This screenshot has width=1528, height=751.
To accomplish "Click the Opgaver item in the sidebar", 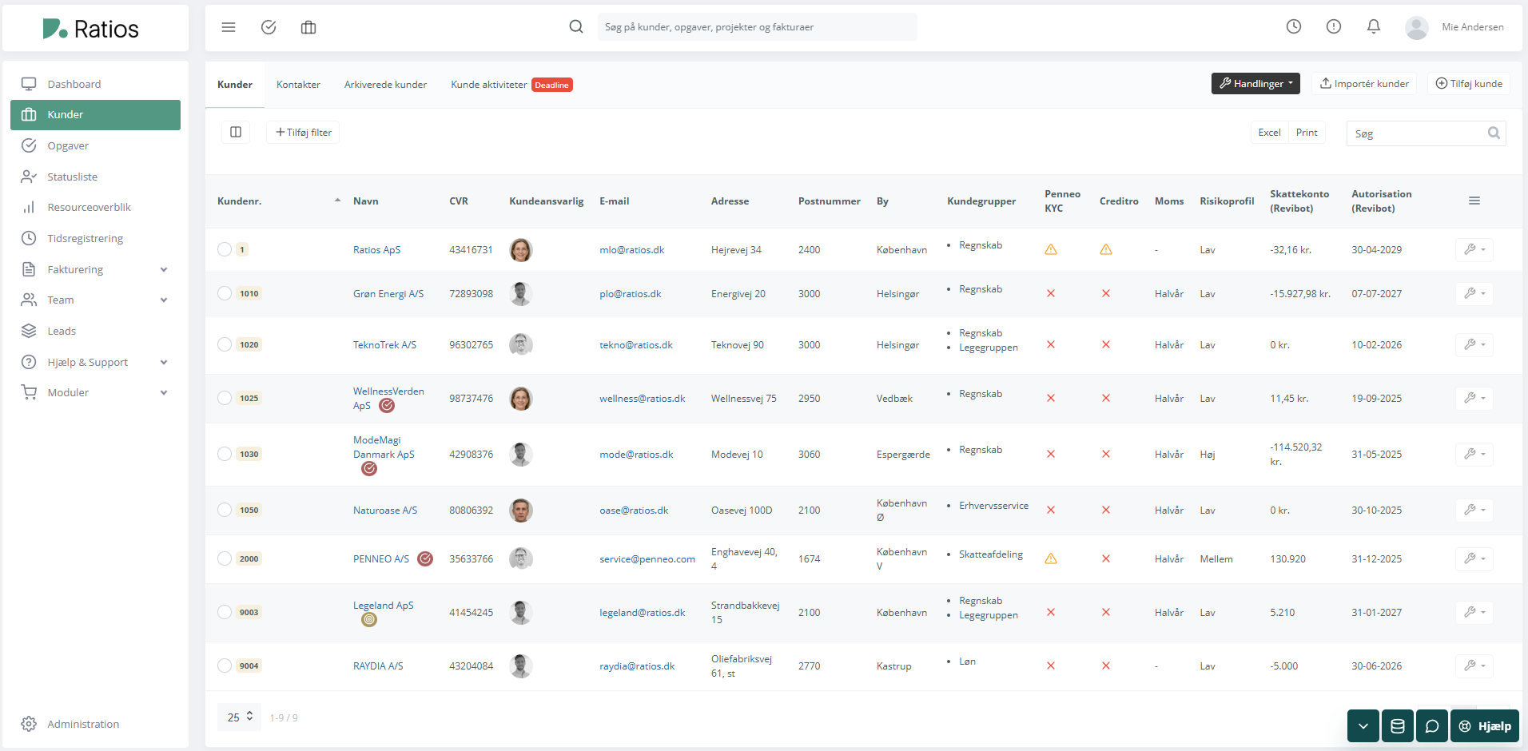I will click(x=68, y=145).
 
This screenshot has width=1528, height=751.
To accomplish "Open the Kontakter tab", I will click(x=298, y=85).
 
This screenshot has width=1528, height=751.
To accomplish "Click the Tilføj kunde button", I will click(x=1469, y=84).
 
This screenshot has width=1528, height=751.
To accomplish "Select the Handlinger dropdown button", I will click(x=1255, y=84).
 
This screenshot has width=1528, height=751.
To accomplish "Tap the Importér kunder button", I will click(x=1364, y=84).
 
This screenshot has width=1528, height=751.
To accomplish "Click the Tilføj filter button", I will click(x=303, y=133).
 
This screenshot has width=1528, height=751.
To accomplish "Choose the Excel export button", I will click(x=1269, y=133).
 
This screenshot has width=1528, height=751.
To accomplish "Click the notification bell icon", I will click(x=1373, y=27).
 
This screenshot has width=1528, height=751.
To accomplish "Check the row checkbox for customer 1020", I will click(x=225, y=344).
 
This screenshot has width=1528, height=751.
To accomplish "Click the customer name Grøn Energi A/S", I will click(x=388, y=294).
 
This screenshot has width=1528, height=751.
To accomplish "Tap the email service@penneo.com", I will click(x=647, y=559).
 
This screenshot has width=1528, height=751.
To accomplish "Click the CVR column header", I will click(x=459, y=201).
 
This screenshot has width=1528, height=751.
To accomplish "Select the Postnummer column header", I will click(x=829, y=201).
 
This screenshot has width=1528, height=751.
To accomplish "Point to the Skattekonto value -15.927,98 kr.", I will click(x=1300, y=294).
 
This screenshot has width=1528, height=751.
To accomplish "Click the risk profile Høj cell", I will click(x=1208, y=455).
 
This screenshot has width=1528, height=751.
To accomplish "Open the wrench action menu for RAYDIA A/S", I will click(x=1474, y=666).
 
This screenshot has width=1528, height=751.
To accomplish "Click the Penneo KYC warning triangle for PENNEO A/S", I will click(x=1051, y=559).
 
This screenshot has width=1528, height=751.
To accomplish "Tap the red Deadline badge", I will click(x=551, y=85).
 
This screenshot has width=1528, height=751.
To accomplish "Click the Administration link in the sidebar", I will click(x=83, y=724).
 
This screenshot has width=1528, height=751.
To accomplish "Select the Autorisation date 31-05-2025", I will click(x=1376, y=455).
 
